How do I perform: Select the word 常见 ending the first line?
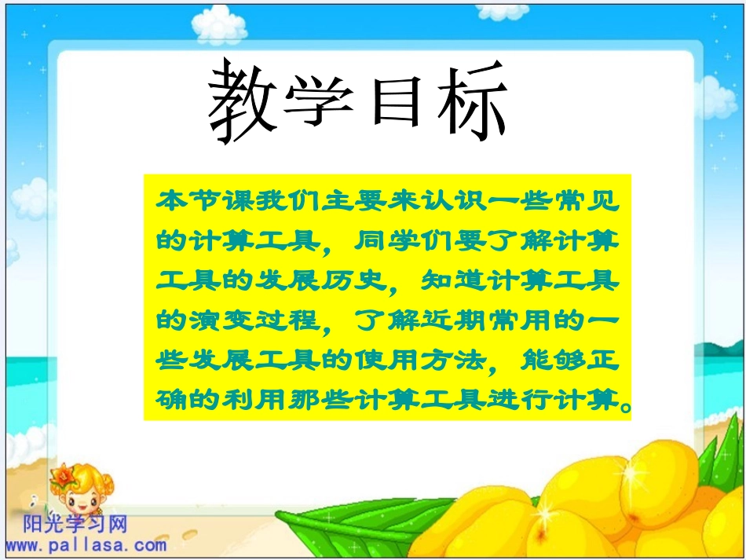pos(582,200)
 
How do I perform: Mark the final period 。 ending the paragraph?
pos(624,405)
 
